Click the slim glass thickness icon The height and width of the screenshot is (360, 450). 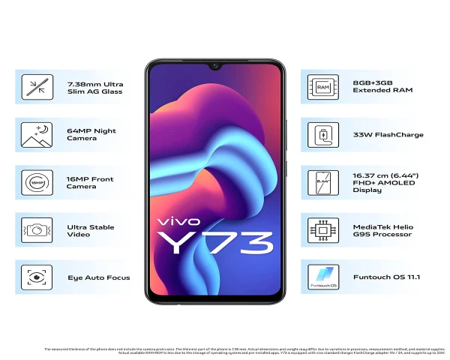(33, 86)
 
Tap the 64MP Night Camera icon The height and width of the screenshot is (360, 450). (33, 135)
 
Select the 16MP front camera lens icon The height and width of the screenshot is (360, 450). (33, 182)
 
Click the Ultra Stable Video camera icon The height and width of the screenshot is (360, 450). (33, 229)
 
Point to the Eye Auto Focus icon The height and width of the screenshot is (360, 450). (33, 277)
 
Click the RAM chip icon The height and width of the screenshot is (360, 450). (323, 86)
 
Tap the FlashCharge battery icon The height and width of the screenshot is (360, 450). (323, 135)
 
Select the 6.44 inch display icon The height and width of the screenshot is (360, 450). (323, 182)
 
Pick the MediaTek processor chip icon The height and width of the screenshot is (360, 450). (323, 229)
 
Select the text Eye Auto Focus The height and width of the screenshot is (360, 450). (98, 277)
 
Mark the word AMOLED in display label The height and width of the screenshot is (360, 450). (405, 182)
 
